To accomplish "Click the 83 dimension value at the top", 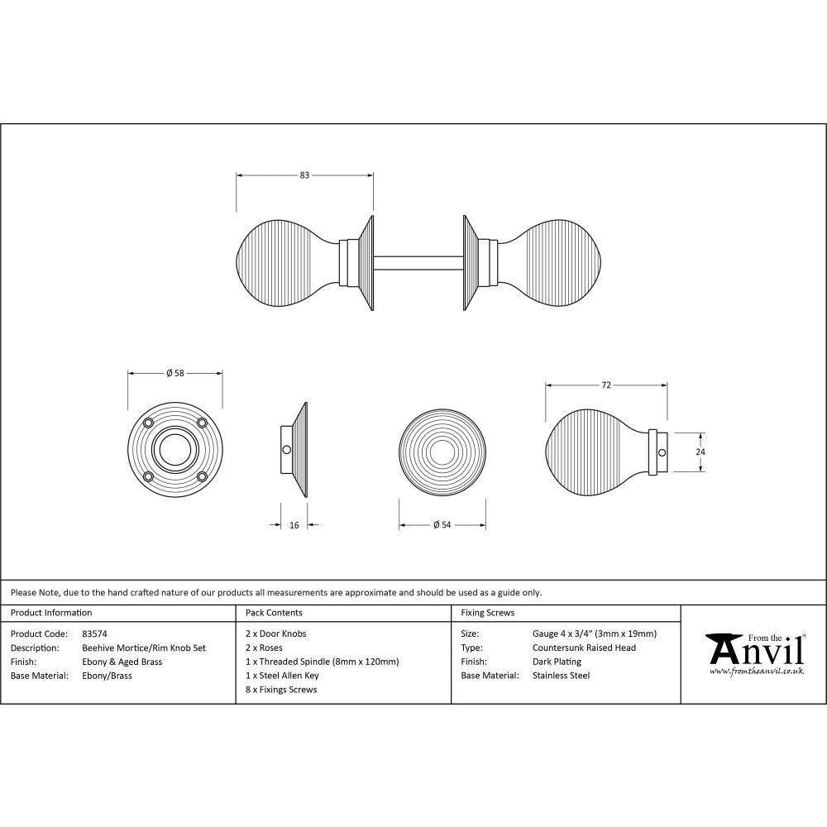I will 304,174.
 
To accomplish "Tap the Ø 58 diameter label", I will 174,373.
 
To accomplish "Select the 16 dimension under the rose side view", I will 294,524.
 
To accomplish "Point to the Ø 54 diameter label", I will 442,524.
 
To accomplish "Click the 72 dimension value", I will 605,385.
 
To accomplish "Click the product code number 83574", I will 95,633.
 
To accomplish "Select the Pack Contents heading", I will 274,613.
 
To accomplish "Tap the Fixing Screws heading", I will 487,613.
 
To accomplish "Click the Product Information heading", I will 51,613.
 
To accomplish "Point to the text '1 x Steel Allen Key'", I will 282,675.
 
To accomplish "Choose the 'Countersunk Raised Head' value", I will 584,648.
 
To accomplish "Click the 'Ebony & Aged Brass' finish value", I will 122,662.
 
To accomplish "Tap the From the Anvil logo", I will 753,653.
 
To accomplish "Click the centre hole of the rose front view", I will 174,451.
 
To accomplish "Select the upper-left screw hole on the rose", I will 149,423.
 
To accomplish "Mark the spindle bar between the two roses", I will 418,263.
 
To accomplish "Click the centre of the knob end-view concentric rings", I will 442,452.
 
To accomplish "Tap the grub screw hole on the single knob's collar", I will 661,452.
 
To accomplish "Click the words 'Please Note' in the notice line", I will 34,592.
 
